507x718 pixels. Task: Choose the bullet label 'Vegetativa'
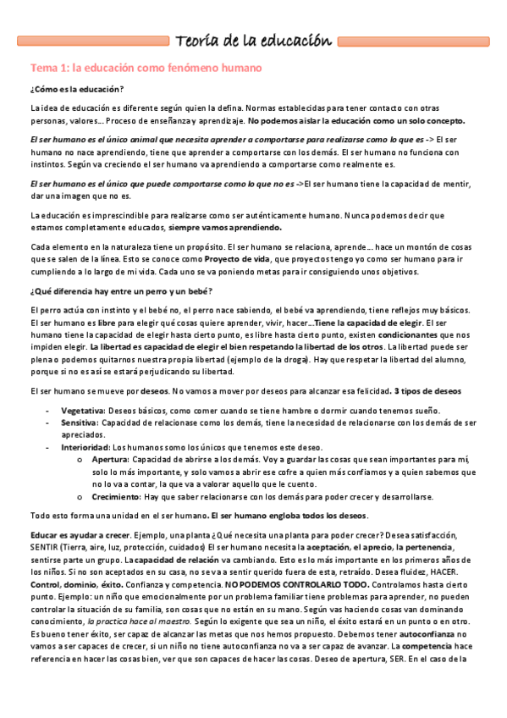click(83, 410)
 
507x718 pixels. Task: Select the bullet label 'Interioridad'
click(85, 446)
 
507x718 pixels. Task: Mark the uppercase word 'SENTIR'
click(45, 548)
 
